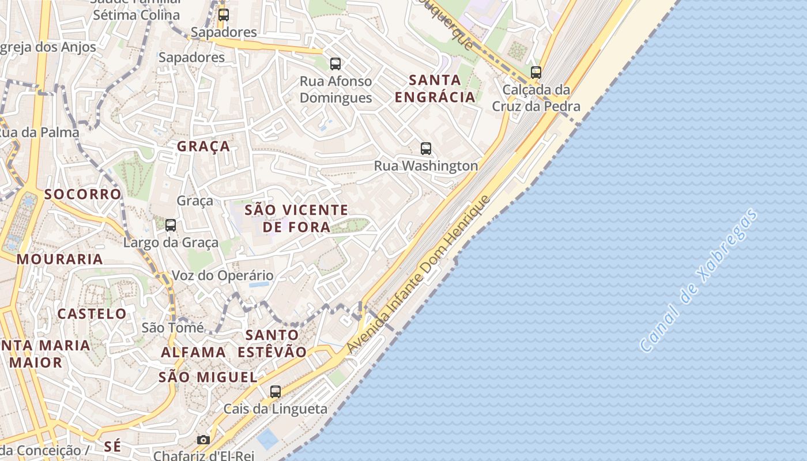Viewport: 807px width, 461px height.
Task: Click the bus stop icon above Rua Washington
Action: (426, 149)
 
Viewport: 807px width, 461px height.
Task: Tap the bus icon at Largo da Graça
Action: (171, 225)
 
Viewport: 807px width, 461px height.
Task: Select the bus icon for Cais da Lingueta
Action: (276, 392)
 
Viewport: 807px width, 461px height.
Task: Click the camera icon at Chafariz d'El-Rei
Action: (203, 440)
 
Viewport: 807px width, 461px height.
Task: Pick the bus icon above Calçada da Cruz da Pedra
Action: (536, 73)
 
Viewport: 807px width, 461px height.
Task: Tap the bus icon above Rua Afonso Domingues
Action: (335, 64)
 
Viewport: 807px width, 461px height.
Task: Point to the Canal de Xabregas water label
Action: (699, 281)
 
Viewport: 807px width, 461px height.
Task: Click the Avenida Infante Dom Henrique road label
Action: (418, 274)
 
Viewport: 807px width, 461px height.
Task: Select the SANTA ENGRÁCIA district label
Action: (435, 88)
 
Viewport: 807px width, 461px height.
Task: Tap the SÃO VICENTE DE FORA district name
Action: (296, 218)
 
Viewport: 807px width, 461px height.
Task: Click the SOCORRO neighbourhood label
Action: (83, 194)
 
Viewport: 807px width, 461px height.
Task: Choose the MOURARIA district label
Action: (60, 259)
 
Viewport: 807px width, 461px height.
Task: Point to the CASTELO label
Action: (92, 314)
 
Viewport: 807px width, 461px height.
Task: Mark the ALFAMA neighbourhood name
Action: (193, 353)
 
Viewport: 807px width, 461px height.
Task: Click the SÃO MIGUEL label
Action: (208, 377)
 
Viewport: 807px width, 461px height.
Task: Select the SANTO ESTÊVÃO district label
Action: (272, 343)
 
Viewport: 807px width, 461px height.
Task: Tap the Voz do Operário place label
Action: (223, 276)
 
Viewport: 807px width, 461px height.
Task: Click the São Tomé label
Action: (173, 328)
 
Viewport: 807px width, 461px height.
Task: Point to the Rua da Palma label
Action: (39, 133)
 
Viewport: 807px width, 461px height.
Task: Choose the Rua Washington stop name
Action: (426, 166)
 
